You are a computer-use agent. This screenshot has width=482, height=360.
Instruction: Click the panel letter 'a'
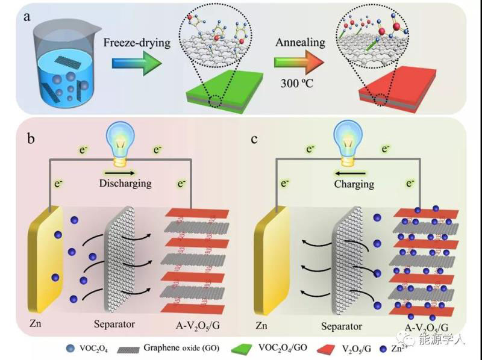27,16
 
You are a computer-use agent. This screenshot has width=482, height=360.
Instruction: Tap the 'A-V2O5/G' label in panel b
194,326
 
